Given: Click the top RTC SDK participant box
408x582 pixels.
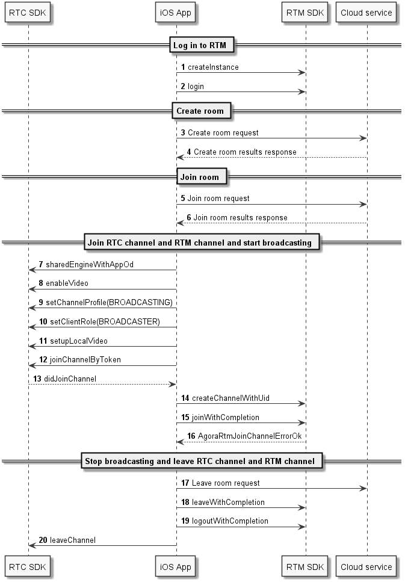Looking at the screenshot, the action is pos(28,13).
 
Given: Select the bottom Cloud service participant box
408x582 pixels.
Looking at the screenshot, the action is pos(366,567).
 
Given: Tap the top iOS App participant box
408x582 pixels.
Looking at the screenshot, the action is pos(175,13).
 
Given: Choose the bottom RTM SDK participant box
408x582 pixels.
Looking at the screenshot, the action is pos(304,567).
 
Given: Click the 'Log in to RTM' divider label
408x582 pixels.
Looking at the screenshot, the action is pos(202,45).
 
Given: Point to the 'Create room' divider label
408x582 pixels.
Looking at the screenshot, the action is pos(202,111).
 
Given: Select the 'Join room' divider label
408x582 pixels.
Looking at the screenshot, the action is pos(202,177).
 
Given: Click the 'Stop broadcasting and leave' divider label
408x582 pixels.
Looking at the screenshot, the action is pos(202,461).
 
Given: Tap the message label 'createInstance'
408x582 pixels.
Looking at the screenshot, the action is pos(213,67).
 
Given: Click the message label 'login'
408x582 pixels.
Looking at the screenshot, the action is pos(196,87).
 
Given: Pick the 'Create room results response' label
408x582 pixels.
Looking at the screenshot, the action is pos(245,152).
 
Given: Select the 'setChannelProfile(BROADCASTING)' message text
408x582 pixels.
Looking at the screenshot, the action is pos(109,303).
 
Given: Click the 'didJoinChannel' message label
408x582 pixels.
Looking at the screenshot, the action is pos(70,379).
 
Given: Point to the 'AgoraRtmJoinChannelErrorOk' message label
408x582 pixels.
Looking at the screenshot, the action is pos(250,436).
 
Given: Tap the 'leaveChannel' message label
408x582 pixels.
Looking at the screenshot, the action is pos(73,540).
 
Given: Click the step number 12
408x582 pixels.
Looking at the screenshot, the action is pos(43,360).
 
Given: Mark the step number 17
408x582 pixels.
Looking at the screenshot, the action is pos(185,483).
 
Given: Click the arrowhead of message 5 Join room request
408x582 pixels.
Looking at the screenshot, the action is pos(363,204).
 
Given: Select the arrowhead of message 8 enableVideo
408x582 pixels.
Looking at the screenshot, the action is pos(32,289).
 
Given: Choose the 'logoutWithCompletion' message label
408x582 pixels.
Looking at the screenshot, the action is pos(230,521).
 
